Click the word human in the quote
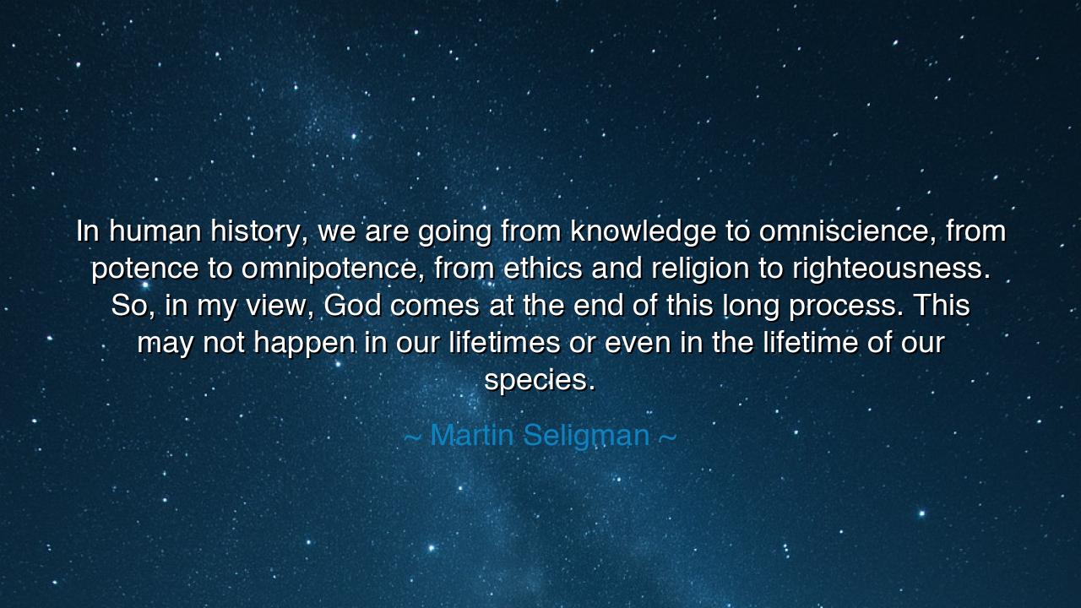[155, 231]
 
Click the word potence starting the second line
[145, 269]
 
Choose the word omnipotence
[333, 269]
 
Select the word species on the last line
[540, 380]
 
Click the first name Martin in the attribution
[471, 435]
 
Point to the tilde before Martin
[412, 437]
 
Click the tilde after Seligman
[667, 437]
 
